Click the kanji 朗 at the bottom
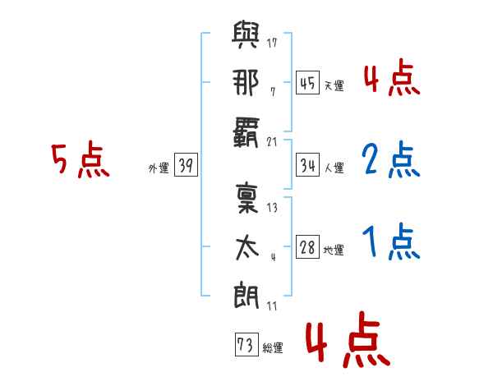pyautogui.click(x=246, y=294)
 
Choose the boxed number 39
pyautogui.click(x=185, y=166)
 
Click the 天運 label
pyautogui.click(x=334, y=85)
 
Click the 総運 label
pyautogui.click(x=272, y=347)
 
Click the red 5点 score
pyautogui.click(x=81, y=160)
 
